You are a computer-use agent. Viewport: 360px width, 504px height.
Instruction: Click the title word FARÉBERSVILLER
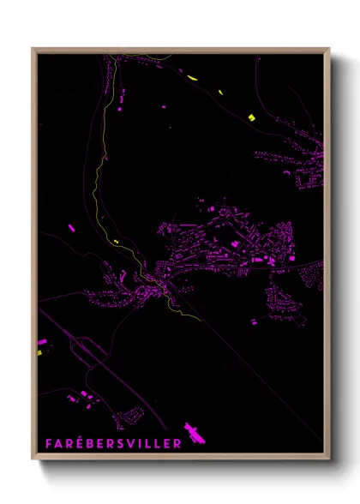click(113, 443)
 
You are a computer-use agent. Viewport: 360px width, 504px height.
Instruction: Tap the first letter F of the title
click(49, 443)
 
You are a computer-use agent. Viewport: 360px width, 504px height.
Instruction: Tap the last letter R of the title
click(177, 443)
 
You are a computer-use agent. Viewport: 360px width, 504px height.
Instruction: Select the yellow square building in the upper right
click(251, 117)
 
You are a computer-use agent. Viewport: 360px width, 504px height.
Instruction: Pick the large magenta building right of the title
click(196, 433)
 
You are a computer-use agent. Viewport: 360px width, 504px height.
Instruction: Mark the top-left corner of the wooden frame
click(33, 49)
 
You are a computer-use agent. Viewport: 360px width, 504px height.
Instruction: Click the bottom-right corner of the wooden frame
click(329, 459)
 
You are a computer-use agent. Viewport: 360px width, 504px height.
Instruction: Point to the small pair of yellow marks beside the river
click(115, 243)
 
